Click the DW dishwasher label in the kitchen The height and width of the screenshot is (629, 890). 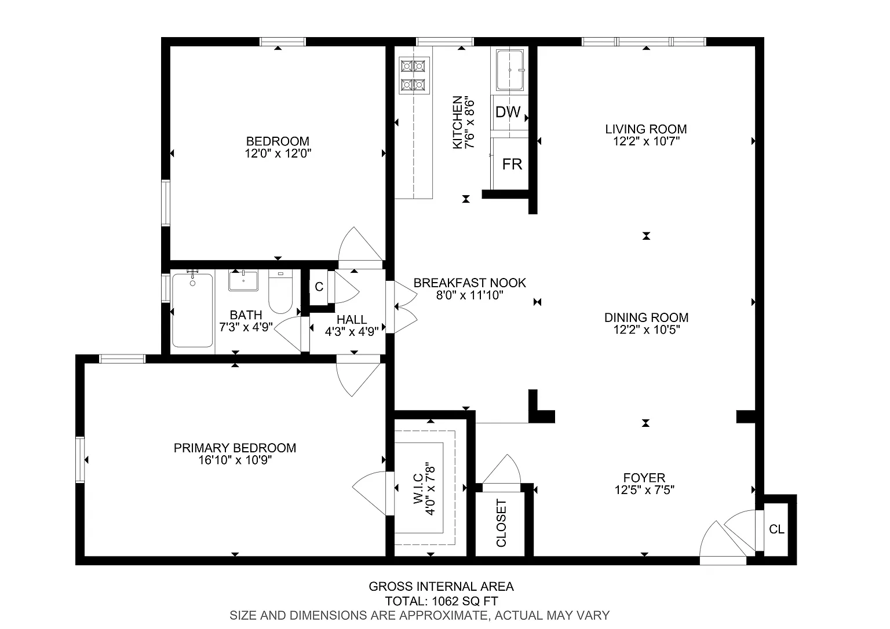coord(508,112)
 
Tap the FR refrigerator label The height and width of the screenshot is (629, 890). coord(512,164)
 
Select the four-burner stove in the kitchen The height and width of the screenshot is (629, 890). coord(414,75)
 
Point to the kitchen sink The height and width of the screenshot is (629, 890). coord(509,70)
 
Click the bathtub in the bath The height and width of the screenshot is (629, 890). coord(192,310)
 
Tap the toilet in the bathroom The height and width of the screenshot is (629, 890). coord(280,292)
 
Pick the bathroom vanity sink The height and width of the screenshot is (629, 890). coord(243,280)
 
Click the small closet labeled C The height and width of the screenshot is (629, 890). coord(319,287)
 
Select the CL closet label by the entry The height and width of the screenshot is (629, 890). coord(777,529)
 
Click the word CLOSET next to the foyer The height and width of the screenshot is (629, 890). coord(501,523)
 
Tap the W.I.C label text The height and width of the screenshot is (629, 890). coord(418,489)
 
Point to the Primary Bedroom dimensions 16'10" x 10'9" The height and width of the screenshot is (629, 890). coord(235,460)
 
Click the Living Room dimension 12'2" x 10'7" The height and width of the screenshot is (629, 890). coord(647,141)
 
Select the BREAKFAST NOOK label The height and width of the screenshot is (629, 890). coord(470,283)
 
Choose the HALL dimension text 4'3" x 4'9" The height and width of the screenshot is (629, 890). coord(352,331)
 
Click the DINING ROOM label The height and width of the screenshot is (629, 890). coord(647,317)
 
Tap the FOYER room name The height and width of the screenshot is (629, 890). coord(644,477)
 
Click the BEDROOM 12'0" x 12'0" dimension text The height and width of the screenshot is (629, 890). coord(278,153)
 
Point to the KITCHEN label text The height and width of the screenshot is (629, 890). coord(458,122)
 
